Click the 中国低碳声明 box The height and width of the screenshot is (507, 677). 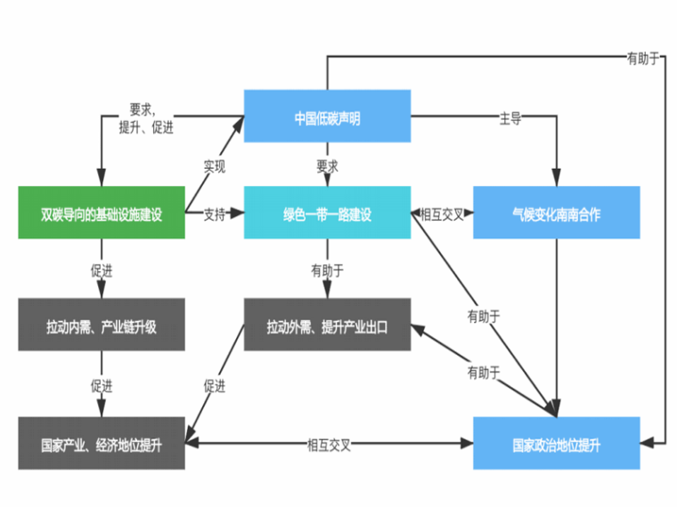(x=327, y=116)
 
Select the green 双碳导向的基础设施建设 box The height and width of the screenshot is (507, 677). (x=101, y=213)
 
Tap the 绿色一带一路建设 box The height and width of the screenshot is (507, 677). (x=327, y=213)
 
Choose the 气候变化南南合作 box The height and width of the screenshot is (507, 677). (x=556, y=213)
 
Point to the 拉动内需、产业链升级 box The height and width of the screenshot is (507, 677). (x=101, y=326)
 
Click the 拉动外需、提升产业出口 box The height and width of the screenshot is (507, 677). (x=327, y=326)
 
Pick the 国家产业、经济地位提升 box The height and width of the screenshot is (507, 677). (x=101, y=442)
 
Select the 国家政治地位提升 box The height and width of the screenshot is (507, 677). (x=556, y=442)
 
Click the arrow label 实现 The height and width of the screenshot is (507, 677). (x=215, y=165)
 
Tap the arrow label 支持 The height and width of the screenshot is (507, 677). (x=215, y=213)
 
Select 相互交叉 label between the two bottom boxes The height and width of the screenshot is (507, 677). (x=329, y=442)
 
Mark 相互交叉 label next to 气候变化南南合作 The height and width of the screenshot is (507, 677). (x=442, y=213)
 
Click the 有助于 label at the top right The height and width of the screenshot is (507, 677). (x=643, y=59)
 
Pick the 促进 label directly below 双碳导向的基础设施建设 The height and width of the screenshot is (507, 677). (x=101, y=270)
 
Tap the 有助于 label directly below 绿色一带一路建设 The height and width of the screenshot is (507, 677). (x=327, y=270)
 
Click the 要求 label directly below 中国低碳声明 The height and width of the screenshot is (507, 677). (x=327, y=165)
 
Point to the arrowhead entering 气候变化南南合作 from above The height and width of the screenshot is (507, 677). (x=557, y=181)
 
